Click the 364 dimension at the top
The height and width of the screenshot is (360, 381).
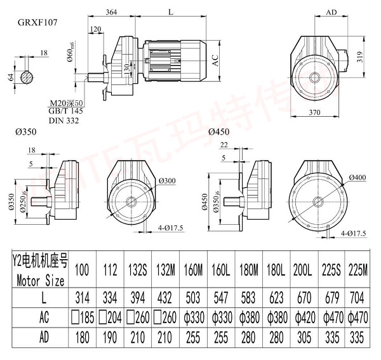[x=111, y=12]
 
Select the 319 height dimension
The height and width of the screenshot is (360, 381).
[x=360, y=57]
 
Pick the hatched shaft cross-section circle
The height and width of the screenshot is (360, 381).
[x=26, y=77]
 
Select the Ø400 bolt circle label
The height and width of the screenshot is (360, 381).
[x=358, y=176]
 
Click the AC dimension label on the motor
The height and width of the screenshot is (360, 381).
[x=215, y=60]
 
